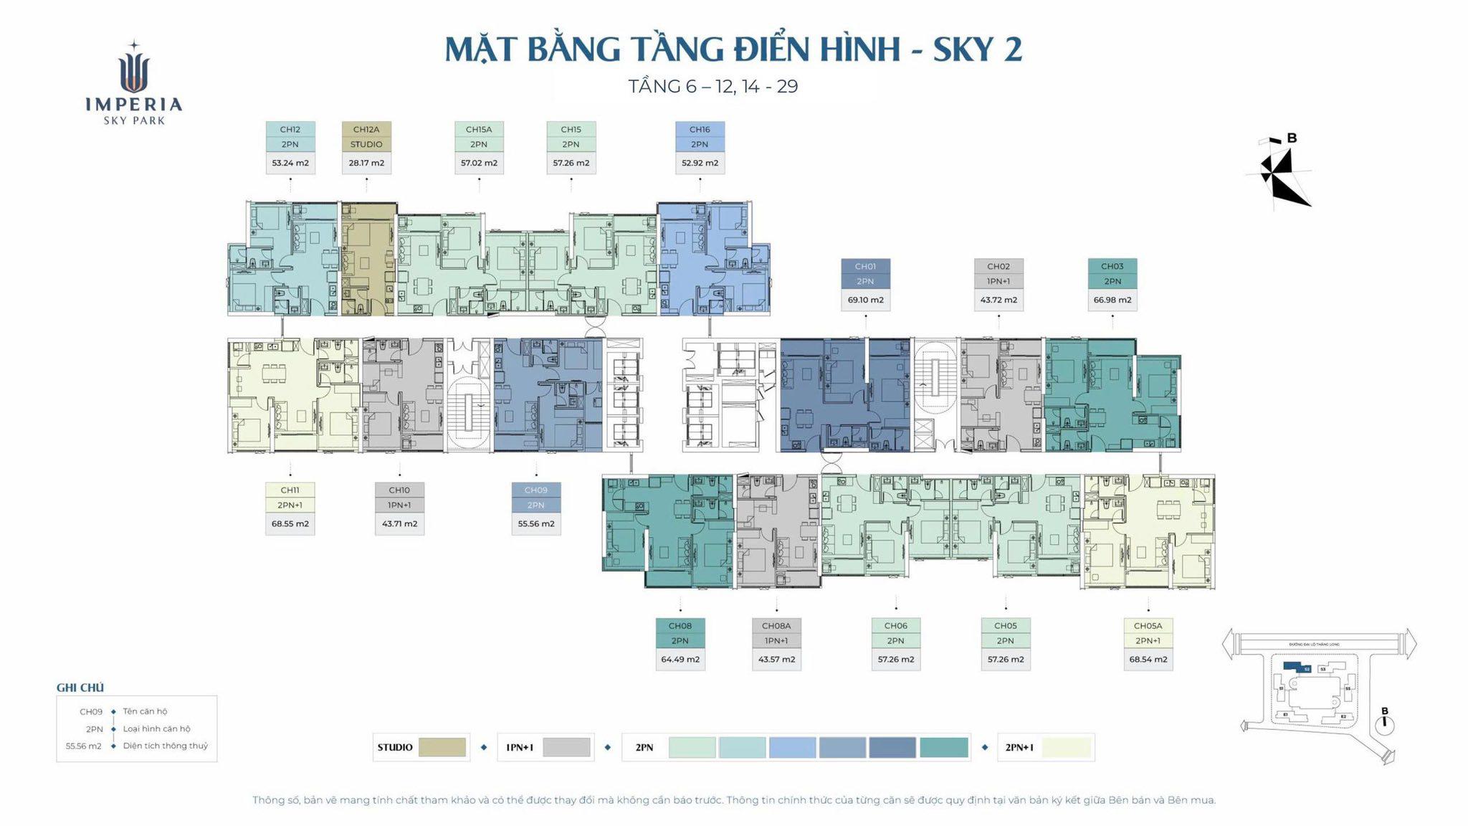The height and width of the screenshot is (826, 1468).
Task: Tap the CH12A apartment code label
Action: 366,130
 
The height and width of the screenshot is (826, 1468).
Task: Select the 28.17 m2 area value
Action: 366,163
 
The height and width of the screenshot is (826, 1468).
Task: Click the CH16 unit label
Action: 700,130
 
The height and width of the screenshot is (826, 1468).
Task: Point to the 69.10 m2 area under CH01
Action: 865,300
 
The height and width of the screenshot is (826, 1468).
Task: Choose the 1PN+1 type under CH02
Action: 998,281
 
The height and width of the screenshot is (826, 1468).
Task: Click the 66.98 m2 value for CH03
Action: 1112,300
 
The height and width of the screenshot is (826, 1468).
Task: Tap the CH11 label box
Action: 290,490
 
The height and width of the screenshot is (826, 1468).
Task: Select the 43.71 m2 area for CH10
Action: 399,523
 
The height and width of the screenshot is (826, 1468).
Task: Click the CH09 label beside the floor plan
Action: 535,490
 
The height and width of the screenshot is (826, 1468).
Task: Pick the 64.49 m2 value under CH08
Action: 680,659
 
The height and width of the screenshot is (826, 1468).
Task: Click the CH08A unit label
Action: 776,626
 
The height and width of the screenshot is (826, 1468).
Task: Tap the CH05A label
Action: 1148,626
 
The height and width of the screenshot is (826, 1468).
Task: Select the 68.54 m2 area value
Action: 1148,659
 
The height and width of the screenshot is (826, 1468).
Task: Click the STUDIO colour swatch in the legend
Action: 442,747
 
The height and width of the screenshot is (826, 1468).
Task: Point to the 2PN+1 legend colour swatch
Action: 1066,747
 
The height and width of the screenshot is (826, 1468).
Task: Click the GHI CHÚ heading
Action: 80,688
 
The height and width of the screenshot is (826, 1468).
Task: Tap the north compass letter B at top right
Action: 1292,138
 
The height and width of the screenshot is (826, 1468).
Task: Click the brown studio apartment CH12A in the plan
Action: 368,258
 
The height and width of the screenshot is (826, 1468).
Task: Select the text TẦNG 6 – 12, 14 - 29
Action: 713,87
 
